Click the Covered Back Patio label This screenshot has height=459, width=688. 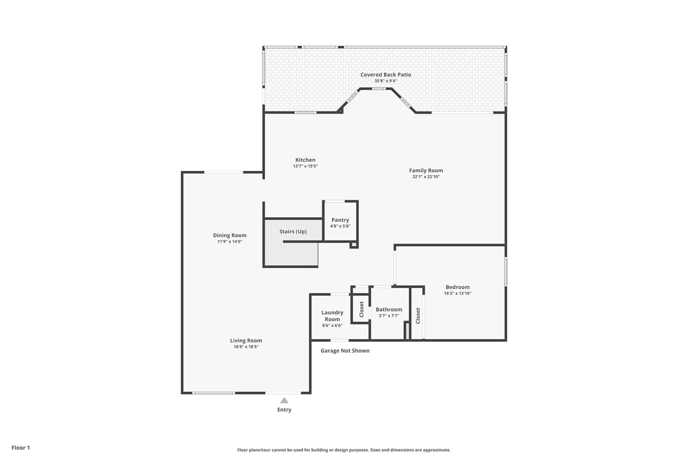(x=385, y=75)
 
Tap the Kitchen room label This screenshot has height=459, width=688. (x=305, y=160)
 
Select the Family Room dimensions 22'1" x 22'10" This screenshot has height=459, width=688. (x=426, y=177)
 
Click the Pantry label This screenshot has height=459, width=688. (x=340, y=220)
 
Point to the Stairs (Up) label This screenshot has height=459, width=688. (x=293, y=231)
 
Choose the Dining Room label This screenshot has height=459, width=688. (x=229, y=235)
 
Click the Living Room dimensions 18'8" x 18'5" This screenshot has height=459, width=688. (x=246, y=347)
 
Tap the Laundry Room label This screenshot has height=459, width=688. (x=332, y=316)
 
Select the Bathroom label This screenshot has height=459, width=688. (x=389, y=310)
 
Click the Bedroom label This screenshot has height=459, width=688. (x=457, y=287)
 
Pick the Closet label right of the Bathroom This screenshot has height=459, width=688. (x=418, y=314)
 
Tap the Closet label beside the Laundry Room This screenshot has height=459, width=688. (x=361, y=310)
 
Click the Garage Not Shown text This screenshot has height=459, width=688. (x=345, y=351)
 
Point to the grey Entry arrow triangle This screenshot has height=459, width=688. (x=284, y=400)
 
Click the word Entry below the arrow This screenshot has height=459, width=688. (x=284, y=410)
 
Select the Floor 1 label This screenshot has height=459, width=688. (x=20, y=448)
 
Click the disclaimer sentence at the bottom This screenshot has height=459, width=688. (x=344, y=449)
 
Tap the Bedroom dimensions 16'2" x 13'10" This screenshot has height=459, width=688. (x=457, y=293)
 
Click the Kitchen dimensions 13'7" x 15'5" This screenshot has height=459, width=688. (x=305, y=166)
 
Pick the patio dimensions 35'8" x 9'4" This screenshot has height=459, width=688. (x=385, y=81)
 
